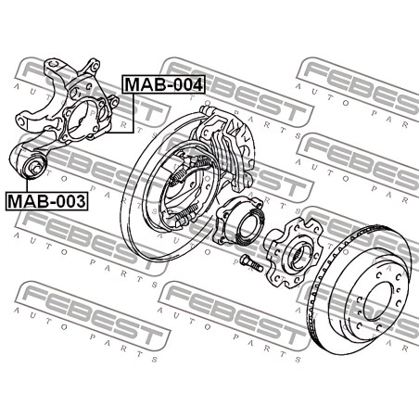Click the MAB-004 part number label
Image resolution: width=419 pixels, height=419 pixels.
click(164, 84)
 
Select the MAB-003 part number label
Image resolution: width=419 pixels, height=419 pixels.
click(46, 201)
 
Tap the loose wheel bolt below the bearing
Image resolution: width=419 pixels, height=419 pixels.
click(251, 262)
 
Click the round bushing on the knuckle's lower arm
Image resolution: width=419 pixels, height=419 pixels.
click(33, 166)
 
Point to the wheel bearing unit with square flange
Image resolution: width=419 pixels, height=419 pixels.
click(238, 223)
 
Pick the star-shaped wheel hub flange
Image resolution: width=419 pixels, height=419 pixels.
click(294, 252)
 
